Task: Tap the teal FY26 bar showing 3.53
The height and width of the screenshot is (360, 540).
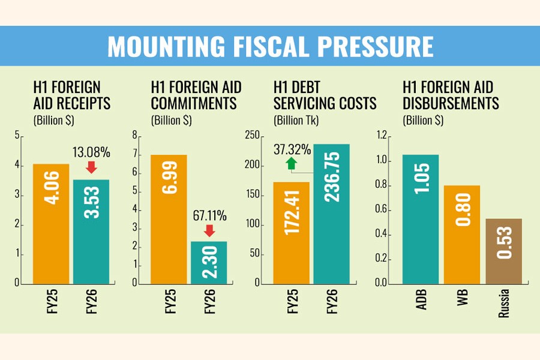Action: [x=91, y=231]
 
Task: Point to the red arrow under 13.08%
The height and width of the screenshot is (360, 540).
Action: [x=91, y=167]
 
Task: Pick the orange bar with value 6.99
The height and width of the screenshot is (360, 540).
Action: [x=169, y=219]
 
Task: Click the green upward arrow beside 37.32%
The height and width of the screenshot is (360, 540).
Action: [x=291, y=163]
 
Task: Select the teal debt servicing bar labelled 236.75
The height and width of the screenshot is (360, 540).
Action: [x=331, y=214]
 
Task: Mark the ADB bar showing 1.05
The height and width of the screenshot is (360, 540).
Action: [x=421, y=219]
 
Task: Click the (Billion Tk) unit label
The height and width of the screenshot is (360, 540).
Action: [x=296, y=120]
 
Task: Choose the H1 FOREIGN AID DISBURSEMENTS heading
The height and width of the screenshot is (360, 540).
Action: [x=451, y=95]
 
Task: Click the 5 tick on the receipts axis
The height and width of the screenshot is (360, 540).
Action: [x=17, y=136]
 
